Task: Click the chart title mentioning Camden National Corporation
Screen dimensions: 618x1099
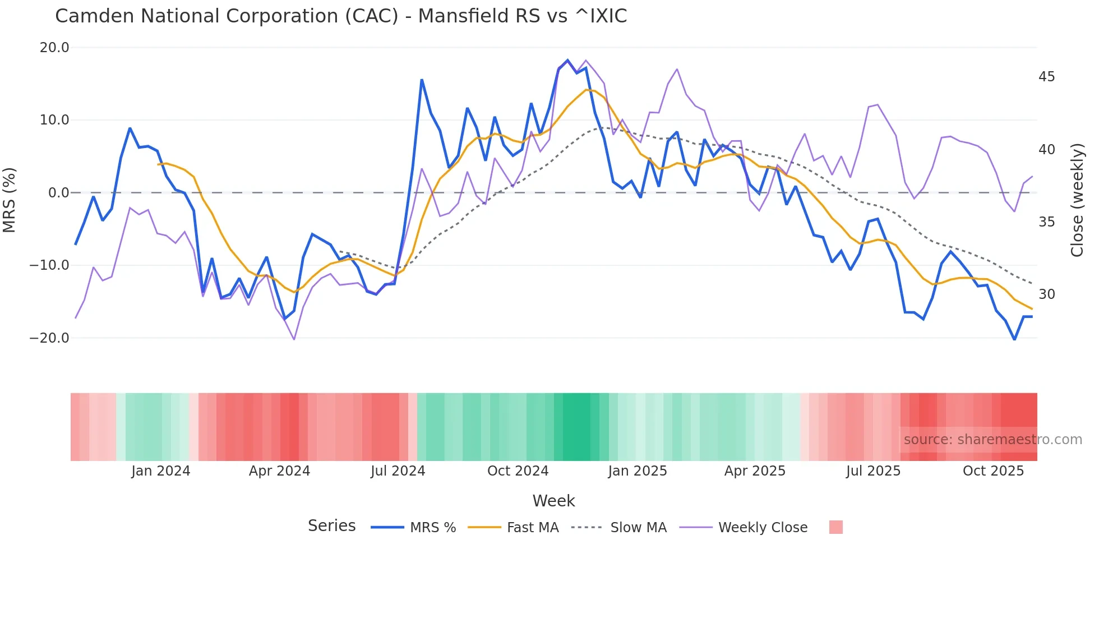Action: [341, 16]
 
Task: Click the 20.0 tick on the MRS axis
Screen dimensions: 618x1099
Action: [54, 48]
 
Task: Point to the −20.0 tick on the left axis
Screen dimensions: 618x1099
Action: [49, 338]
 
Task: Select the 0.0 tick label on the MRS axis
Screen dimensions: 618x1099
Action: [59, 193]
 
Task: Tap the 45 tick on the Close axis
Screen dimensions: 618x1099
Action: [1046, 77]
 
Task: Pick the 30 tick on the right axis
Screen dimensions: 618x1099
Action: [1046, 294]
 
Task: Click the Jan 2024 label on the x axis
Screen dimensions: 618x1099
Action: [161, 471]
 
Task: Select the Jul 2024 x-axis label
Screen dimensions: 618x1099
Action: [398, 471]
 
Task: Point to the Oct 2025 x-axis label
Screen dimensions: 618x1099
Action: [993, 471]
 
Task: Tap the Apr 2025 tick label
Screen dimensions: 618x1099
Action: [755, 471]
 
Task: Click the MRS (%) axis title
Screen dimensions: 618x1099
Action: [10, 200]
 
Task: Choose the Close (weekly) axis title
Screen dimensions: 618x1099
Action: [1077, 200]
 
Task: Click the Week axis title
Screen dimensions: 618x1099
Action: [553, 501]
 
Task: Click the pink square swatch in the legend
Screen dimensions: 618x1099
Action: [835, 527]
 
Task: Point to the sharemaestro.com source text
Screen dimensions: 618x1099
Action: [992, 440]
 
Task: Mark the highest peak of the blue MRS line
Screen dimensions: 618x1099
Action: [567, 60]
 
